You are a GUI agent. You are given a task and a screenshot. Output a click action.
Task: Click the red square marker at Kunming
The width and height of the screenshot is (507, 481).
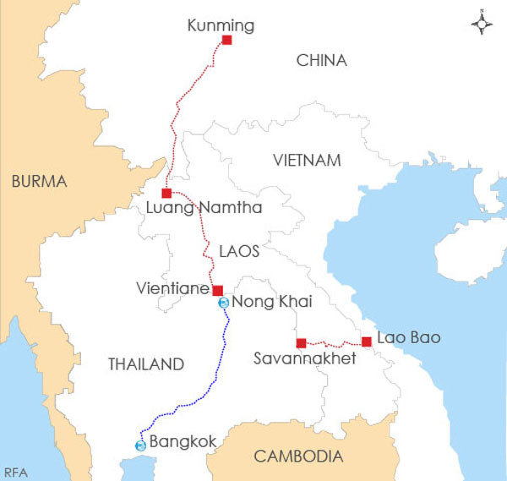click(x=226, y=40)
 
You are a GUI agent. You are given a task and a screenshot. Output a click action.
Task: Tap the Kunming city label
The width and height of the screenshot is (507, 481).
click(x=221, y=26)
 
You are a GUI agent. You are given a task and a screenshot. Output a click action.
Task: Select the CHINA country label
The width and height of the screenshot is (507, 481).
click(x=321, y=60)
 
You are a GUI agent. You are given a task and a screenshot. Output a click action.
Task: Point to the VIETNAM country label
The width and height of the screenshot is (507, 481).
click(x=307, y=161)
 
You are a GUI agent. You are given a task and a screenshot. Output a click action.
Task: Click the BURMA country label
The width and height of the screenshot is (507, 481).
click(x=39, y=181)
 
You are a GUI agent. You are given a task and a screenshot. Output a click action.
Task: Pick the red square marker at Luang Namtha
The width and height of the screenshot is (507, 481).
click(x=166, y=194)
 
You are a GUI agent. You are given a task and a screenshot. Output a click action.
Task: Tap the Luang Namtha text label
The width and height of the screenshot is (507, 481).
click(x=204, y=208)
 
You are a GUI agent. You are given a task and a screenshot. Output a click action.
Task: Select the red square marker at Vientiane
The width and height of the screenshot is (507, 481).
click(x=217, y=290)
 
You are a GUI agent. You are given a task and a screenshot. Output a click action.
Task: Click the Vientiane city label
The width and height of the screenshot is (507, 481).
click(x=172, y=288)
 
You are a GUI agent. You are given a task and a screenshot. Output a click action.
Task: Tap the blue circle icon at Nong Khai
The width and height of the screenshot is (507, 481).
click(x=223, y=303)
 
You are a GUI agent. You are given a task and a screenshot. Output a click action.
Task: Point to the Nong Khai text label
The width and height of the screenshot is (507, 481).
click(x=266, y=303)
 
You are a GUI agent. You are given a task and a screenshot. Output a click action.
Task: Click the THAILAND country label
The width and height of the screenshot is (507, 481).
click(x=146, y=364)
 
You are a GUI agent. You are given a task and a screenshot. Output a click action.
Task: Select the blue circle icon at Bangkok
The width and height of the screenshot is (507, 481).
click(x=140, y=445)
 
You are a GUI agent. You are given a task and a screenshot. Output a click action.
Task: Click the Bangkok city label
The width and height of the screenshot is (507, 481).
click(x=183, y=441)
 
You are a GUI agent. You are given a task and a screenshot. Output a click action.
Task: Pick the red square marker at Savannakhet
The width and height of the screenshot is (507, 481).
click(x=301, y=342)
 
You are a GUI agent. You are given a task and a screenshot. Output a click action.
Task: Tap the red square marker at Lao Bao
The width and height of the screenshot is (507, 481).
click(x=367, y=342)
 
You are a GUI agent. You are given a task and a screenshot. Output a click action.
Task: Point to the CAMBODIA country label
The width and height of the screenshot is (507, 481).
click(x=299, y=457)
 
